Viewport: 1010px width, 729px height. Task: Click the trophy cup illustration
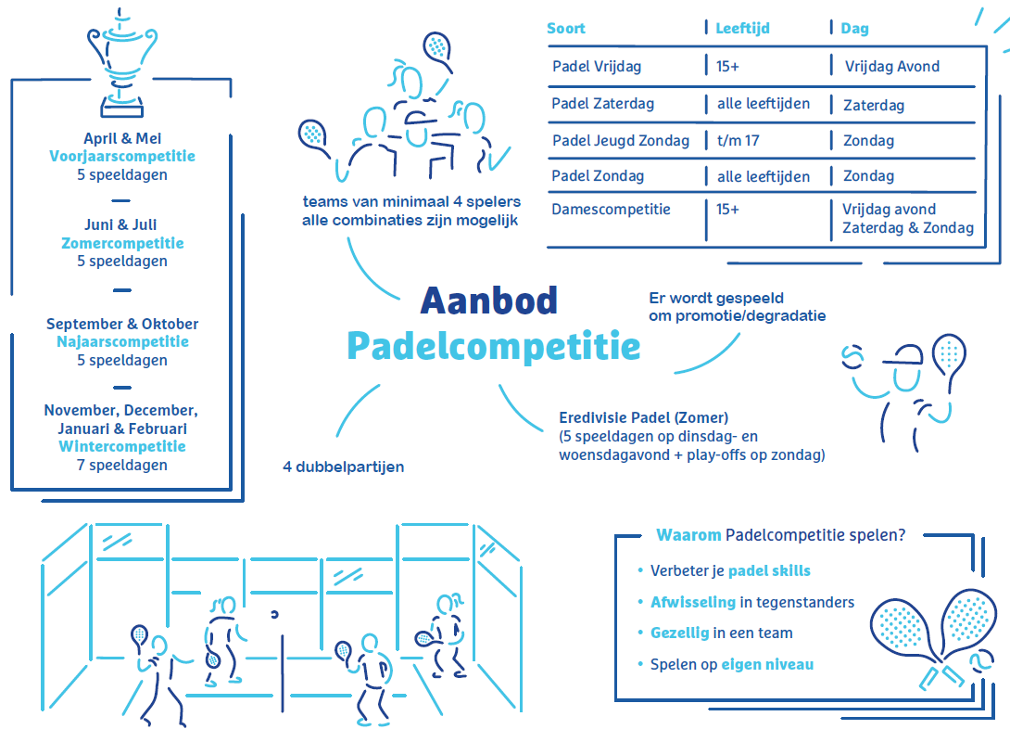point(121,63)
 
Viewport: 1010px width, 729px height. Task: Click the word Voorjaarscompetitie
point(122,156)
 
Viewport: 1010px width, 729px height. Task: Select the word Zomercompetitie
point(122,243)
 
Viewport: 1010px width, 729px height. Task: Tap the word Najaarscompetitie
point(122,341)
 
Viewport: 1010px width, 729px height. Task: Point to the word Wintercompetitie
point(122,447)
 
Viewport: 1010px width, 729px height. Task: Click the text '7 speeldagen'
point(122,465)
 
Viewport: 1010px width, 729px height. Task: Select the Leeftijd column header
point(743,29)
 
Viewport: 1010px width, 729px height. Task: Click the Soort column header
point(565,29)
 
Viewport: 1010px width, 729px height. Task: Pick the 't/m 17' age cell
point(739,141)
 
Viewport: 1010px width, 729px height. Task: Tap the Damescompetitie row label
point(611,210)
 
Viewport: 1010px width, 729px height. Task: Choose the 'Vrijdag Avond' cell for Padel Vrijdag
point(892,67)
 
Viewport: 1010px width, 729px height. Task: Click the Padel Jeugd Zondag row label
point(620,141)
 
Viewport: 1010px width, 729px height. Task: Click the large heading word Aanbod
point(489,301)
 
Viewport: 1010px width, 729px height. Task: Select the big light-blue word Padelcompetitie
point(493,346)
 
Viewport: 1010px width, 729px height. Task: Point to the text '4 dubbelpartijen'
point(344,467)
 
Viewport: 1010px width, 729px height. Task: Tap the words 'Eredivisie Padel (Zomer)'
point(643,417)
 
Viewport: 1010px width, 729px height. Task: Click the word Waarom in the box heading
point(688,535)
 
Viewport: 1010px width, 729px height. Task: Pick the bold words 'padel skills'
point(769,571)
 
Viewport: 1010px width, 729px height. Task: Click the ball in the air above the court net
point(274,614)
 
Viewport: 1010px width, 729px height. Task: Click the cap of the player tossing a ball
point(904,356)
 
